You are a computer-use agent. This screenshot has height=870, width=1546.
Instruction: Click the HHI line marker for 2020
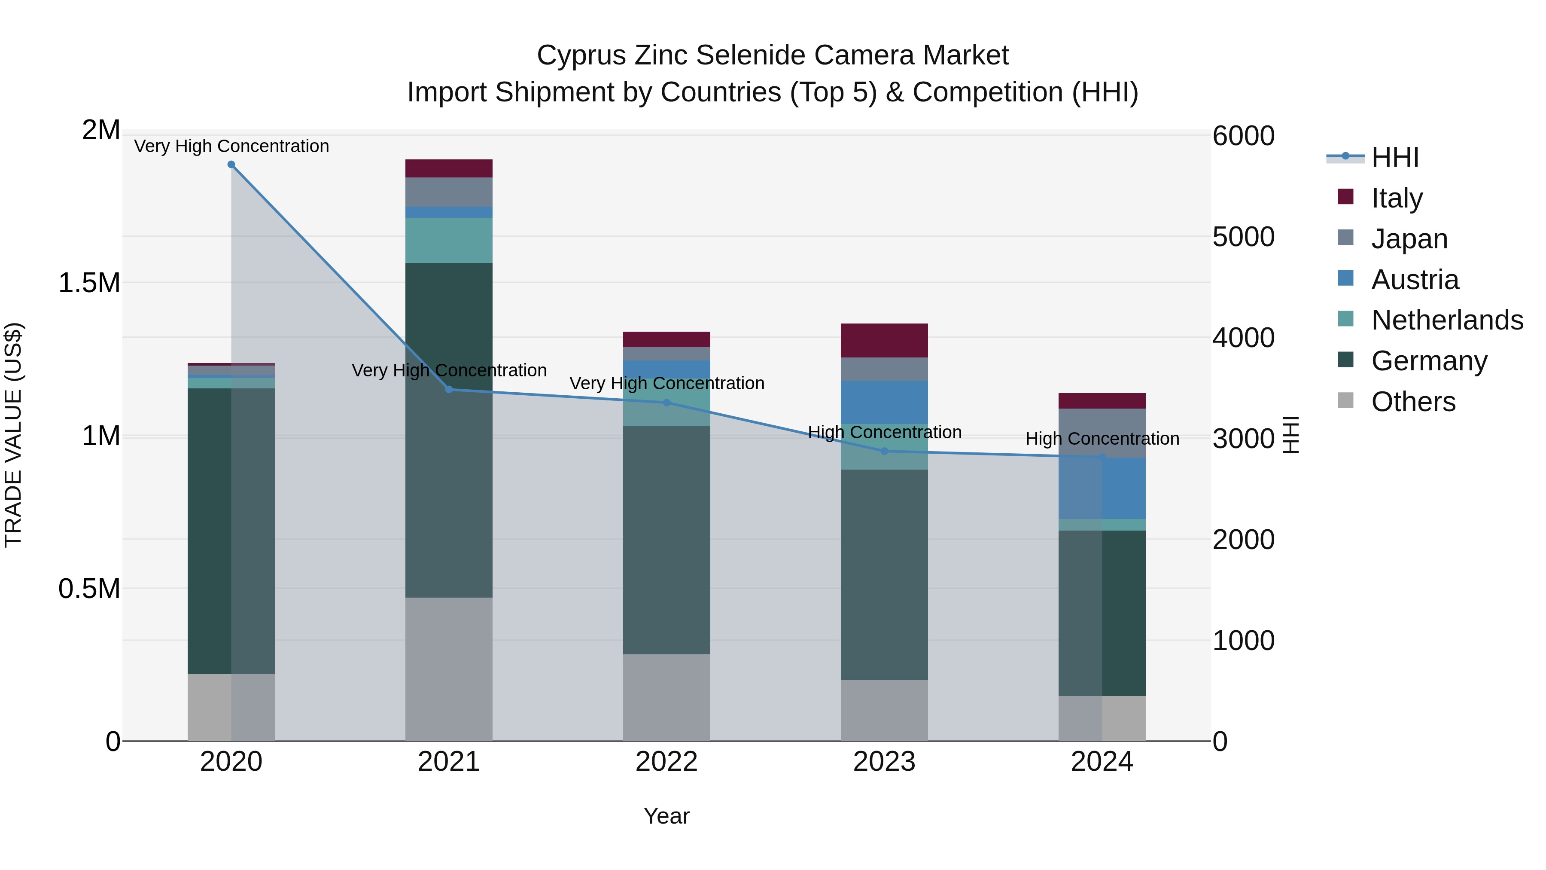click(x=231, y=165)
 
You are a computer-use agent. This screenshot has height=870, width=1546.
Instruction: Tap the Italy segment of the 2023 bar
click(x=884, y=340)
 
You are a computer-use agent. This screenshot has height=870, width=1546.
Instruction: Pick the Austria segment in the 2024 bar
click(x=1102, y=488)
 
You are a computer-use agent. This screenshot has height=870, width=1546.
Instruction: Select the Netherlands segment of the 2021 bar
click(x=449, y=240)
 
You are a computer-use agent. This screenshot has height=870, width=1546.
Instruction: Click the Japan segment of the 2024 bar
click(x=1102, y=433)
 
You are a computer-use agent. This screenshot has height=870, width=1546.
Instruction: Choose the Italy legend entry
click(x=1396, y=198)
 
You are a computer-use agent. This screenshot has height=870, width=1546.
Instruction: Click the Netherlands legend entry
click(x=1446, y=320)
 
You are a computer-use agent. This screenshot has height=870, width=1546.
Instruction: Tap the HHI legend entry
click(x=1394, y=157)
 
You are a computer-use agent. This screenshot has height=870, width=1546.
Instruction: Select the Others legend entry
click(x=1413, y=402)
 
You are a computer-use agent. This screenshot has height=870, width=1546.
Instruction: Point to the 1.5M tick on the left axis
click(x=89, y=283)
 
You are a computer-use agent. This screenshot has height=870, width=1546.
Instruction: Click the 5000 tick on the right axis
click(x=1243, y=237)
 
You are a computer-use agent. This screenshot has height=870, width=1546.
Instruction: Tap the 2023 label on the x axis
click(x=884, y=762)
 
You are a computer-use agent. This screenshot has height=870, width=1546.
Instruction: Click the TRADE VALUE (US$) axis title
click(x=13, y=435)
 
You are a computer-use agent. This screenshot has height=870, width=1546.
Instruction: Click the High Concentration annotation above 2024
click(x=1102, y=439)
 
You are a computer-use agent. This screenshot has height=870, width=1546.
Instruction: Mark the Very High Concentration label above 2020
click(x=231, y=146)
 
